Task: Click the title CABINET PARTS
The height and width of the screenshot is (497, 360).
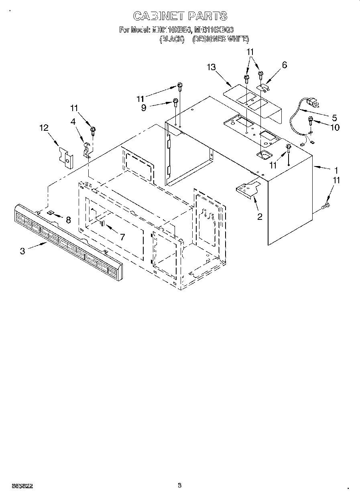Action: click(x=180, y=16)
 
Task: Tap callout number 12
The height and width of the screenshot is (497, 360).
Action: click(x=44, y=128)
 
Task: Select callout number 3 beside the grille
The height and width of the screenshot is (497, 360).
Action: click(x=22, y=251)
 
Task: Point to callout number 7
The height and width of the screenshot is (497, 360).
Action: click(x=122, y=237)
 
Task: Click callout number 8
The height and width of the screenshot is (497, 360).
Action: click(x=68, y=219)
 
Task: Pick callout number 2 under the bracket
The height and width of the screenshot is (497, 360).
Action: click(x=260, y=217)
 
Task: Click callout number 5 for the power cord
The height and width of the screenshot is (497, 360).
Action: click(x=335, y=118)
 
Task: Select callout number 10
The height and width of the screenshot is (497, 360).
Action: click(x=334, y=128)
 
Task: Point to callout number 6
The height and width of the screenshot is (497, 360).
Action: click(x=285, y=65)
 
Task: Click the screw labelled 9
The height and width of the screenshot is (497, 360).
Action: click(x=175, y=101)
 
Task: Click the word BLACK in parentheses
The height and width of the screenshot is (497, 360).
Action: click(x=172, y=39)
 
